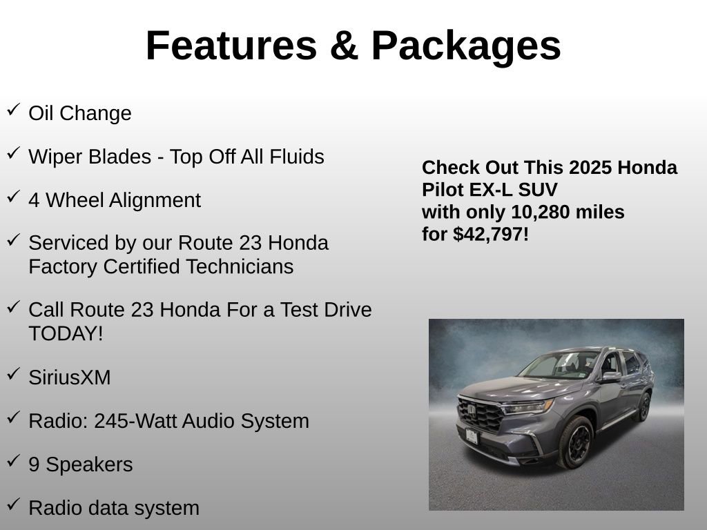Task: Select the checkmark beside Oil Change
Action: (x=14, y=110)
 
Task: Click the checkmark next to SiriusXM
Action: (x=14, y=374)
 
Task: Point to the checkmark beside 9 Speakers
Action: (x=14, y=461)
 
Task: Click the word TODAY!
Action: (x=66, y=333)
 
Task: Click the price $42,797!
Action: (x=491, y=234)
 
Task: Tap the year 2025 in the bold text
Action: (x=590, y=168)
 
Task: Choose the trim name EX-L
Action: (x=483, y=190)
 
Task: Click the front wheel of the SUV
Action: (x=575, y=442)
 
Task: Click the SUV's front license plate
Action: (x=472, y=435)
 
